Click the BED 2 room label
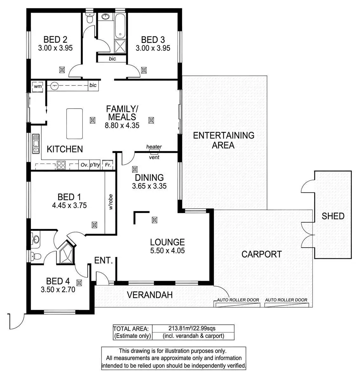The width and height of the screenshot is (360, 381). [55, 40]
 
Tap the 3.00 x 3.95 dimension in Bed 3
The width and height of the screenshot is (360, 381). [153, 48]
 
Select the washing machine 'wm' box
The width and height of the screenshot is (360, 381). [38, 86]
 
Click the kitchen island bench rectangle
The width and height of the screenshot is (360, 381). [75, 124]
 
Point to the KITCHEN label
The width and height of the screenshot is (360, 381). [65, 149]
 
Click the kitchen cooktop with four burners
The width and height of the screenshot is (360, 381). [61, 165]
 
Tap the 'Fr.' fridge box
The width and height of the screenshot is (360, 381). [108, 165]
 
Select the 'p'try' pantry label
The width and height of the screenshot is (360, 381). [95, 165]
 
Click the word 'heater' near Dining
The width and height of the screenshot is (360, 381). [154, 147]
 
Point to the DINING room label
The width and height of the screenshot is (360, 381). [149, 177]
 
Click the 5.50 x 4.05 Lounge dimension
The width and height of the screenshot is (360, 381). [167, 251]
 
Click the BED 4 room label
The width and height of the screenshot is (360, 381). [58, 281]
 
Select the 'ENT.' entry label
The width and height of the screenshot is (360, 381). [104, 261]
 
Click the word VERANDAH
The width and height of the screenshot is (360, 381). [150, 295]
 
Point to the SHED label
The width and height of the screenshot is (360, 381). [333, 216]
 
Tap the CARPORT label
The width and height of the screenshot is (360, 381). [262, 254]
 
